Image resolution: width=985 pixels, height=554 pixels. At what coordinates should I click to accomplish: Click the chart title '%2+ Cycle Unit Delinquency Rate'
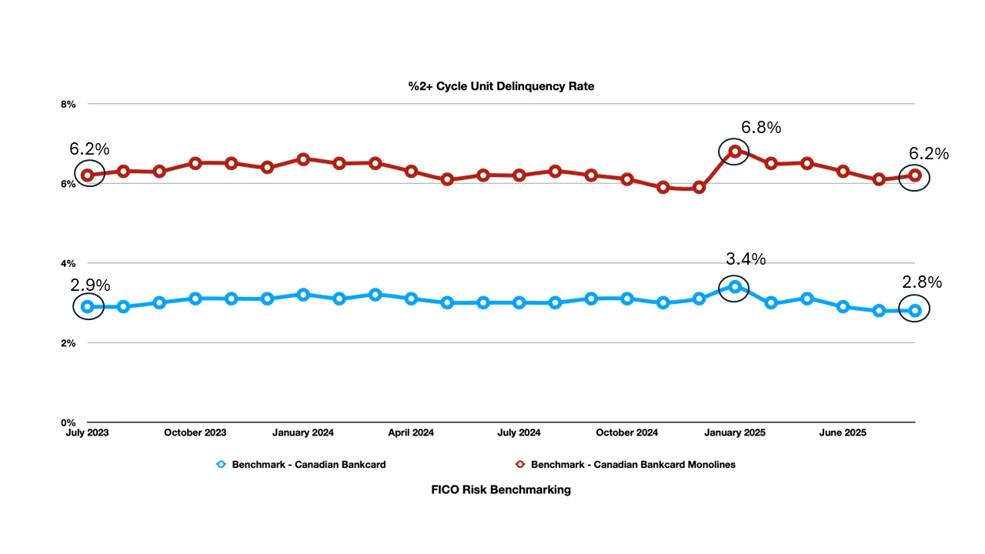[501, 86]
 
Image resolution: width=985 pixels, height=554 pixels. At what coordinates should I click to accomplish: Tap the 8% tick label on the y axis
[69, 104]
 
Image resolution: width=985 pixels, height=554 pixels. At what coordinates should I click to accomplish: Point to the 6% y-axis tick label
[69, 184]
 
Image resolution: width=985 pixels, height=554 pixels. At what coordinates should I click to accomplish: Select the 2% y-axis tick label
[69, 343]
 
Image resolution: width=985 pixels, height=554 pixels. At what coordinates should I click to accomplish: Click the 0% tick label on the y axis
[69, 422]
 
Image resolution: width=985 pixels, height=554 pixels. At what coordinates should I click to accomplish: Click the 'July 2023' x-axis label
[87, 433]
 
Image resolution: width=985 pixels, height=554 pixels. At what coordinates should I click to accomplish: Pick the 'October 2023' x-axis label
[195, 433]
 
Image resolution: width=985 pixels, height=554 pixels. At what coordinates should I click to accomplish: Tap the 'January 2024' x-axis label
[303, 433]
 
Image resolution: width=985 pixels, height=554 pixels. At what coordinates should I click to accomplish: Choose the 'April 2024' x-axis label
[411, 433]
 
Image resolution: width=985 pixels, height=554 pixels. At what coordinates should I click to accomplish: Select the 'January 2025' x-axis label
[734, 433]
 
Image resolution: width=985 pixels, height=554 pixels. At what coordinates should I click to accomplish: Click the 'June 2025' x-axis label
[843, 433]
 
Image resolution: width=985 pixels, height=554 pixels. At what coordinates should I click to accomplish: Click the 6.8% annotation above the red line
[761, 128]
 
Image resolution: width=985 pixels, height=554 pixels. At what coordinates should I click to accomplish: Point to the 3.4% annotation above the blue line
[746, 259]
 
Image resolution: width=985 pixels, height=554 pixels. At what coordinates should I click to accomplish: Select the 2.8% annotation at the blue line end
[922, 282]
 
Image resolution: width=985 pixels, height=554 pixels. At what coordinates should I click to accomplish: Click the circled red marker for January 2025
[734, 152]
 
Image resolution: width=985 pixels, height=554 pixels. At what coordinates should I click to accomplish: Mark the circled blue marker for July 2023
[88, 306]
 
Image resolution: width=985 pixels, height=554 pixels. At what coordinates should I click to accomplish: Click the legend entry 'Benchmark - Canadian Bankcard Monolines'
[633, 465]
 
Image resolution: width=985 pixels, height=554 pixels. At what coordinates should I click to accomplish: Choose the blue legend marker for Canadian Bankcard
[222, 465]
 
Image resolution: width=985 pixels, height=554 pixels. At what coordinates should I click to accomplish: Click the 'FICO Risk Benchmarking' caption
[501, 489]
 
